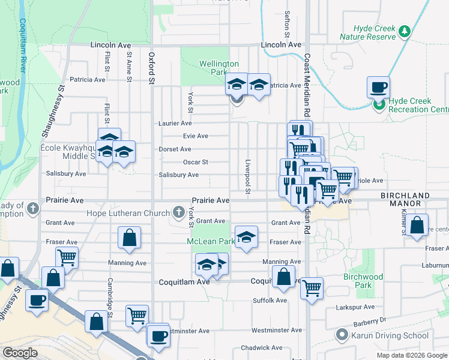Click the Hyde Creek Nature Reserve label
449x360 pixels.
(367, 32)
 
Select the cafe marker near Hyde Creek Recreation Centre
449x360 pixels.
(378, 88)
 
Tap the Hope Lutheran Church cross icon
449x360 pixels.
(178, 212)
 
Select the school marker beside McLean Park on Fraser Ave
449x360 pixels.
(246, 238)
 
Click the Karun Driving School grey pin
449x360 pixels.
(342, 334)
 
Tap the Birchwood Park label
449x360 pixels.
(363, 281)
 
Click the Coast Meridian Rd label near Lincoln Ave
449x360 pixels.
(307, 78)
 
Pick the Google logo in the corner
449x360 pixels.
(20, 353)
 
